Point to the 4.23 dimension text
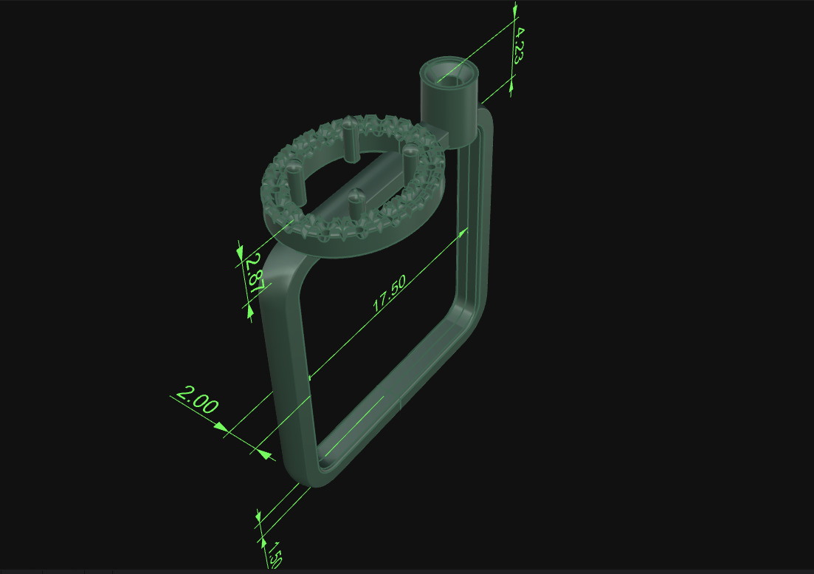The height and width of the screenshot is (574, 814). (x=519, y=46)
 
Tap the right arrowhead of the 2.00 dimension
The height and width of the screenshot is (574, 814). (x=261, y=449)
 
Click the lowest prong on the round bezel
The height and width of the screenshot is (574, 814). (x=356, y=205)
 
